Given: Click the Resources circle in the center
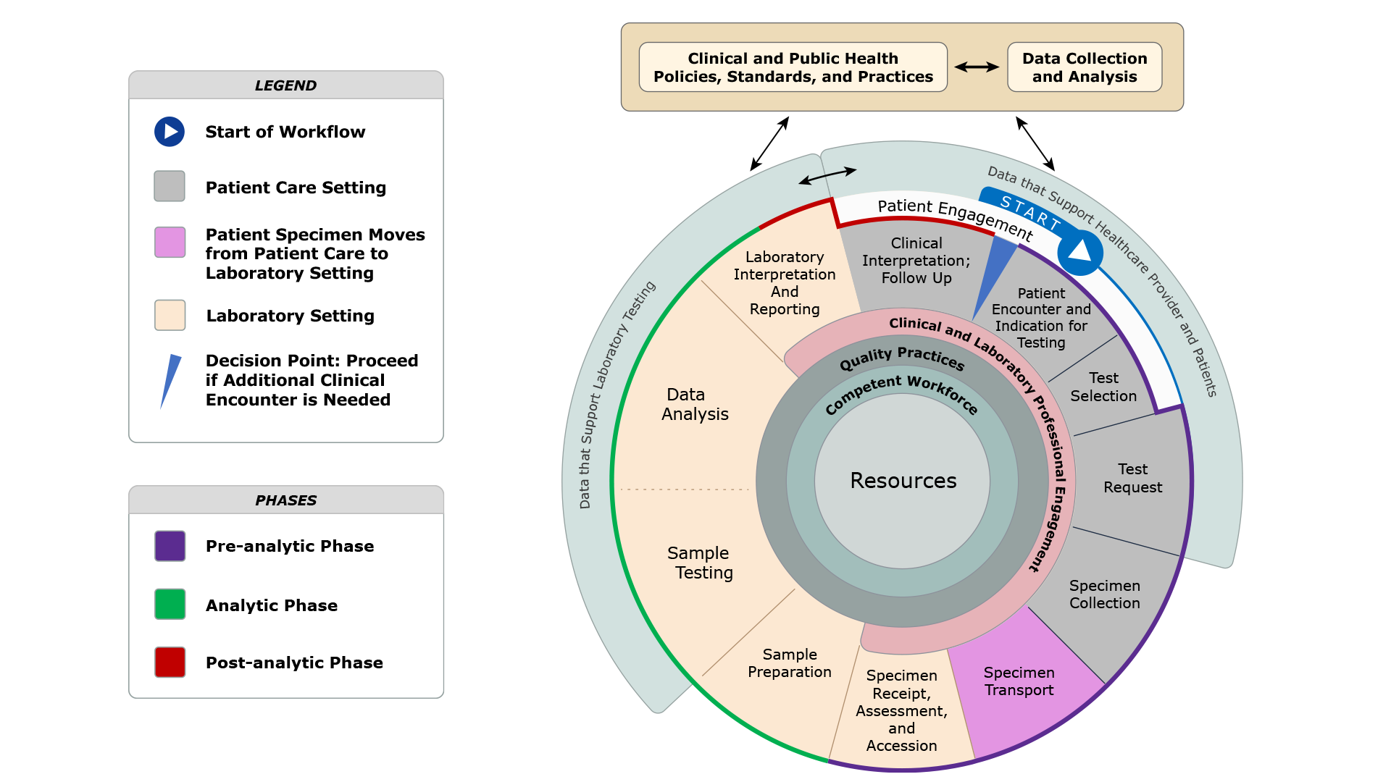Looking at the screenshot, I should click(x=902, y=481).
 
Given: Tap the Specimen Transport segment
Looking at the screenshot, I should click(x=1019, y=681).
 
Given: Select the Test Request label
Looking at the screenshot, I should click(x=1132, y=479).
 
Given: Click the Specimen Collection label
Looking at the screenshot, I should click(x=1104, y=594).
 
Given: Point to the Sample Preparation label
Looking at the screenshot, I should click(x=789, y=663).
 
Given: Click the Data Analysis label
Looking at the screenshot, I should click(x=694, y=405).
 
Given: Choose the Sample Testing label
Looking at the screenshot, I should click(x=699, y=563).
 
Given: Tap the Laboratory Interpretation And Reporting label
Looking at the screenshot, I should click(x=784, y=283).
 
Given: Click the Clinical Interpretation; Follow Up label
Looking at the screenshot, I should click(x=916, y=261).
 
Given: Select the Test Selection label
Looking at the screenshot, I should click(x=1103, y=387).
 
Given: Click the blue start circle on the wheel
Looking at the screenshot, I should click(x=1079, y=253).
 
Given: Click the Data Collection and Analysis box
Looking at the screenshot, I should click(x=1084, y=67).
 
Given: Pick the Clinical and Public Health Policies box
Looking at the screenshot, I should click(x=793, y=67).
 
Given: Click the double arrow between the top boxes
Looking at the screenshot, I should click(x=977, y=67).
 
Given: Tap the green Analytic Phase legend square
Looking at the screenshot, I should click(x=170, y=605).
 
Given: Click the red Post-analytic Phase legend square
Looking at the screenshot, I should click(x=170, y=663).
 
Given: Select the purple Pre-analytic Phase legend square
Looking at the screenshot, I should click(x=170, y=546).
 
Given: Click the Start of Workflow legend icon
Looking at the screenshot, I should click(x=170, y=132).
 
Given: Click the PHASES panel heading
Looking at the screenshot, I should click(x=285, y=500).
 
